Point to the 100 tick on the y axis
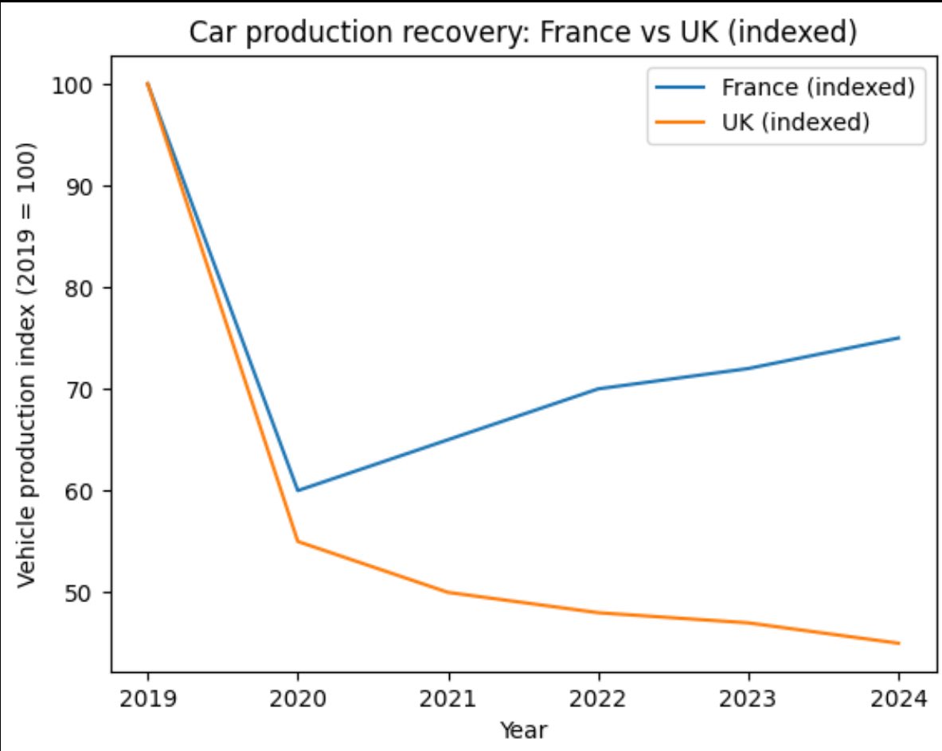pyautogui.click(x=72, y=85)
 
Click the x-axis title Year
pyautogui.click(x=523, y=729)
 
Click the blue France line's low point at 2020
pyautogui.click(x=298, y=491)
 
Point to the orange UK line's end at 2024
pyautogui.click(x=899, y=643)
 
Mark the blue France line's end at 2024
pyautogui.click(x=899, y=338)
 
